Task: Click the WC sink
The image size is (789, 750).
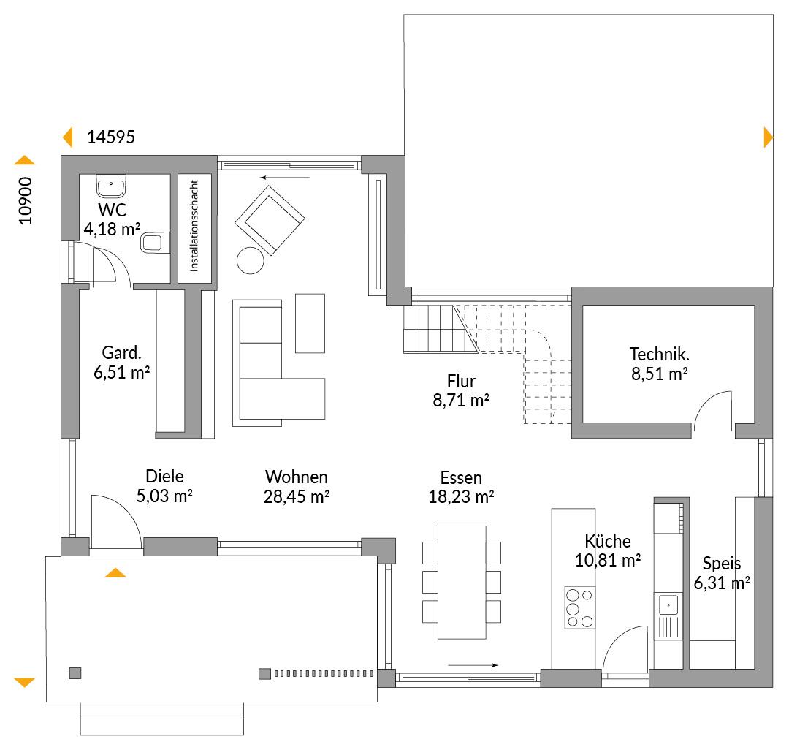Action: pyautogui.click(x=111, y=186)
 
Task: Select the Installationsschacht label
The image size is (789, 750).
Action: pyautogui.click(x=194, y=226)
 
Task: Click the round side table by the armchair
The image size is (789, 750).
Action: pyautogui.click(x=250, y=261)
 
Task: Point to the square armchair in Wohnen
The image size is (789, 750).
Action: pyautogui.click(x=270, y=220)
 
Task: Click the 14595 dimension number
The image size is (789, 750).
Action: pyautogui.click(x=111, y=137)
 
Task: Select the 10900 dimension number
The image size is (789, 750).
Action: pyautogui.click(x=25, y=200)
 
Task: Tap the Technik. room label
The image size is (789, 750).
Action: pyautogui.click(x=659, y=355)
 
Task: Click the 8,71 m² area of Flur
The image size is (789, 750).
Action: pyautogui.click(x=461, y=400)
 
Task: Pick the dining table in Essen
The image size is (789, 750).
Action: pyautogui.click(x=462, y=583)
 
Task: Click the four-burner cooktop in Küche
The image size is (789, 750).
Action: pyautogui.click(x=579, y=607)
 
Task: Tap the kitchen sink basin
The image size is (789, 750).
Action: pyautogui.click(x=668, y=604)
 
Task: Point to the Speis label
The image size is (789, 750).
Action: pyautogui.click(x=722, y=564)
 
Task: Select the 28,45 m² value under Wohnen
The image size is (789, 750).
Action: pyautogui.click(x=297, y=497)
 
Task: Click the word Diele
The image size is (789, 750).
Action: pyautogui.click(x=164, y=476)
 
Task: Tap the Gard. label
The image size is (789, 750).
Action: pyautogui.click(x=122, y=353)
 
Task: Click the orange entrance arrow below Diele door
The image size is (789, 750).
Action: pyautogui.click(x=115, y=572)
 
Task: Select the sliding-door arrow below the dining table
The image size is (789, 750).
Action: pyautogui.click(x=473, y=665)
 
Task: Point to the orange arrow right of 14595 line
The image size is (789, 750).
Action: pyautogui.click(x=768, y=137)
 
